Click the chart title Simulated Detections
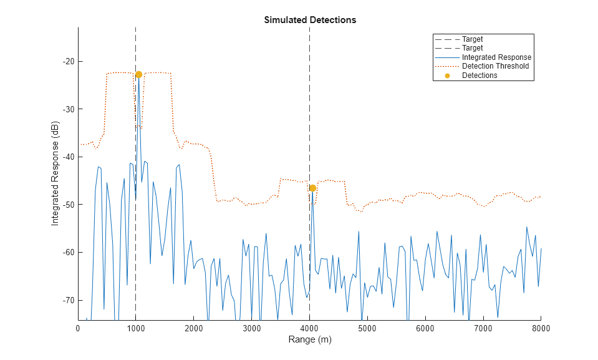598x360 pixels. [310, 20]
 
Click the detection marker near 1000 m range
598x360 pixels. [138, 74]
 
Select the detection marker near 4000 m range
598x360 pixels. [312, 188]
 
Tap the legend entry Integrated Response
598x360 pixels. [496, 57]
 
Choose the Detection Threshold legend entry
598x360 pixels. [495, 66]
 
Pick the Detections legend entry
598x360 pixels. [480, 75]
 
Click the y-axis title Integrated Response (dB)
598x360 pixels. [55, 173]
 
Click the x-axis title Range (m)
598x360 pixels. [310, 340]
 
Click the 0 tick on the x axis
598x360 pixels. [78, 328]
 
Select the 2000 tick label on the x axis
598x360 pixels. [194, 328]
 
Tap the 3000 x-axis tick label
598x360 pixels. [252, 328]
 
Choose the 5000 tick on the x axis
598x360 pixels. [367, 328]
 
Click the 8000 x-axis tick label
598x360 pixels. [541, 328]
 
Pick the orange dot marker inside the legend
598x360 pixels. [447, 75]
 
